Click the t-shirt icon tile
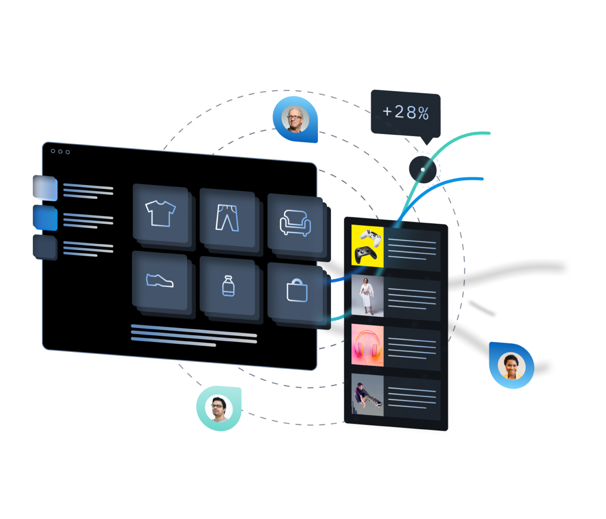pyautogui.click(x=160, y=214)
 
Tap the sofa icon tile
pyautogui.click(x=295, y=223)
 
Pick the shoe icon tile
pyautogui.click(x=160, y=281)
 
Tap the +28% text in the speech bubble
pyautogui.click(x=406, y=112)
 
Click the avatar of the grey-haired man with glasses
pyautogui.click(x=295, y=119)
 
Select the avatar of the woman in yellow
pyautogui.click(x=512, y=366)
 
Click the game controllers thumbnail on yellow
pyautogui.click(x=367, y=246)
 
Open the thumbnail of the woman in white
pyautogui.click(x=367, y=296)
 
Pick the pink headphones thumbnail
pyautogui.click(x=367, y=345)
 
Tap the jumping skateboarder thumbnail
pyautogui.click(x=367, y=395)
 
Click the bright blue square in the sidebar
pyautogui.click(x=46, y=218)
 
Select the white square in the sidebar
pyautogui.click(x=46, y=189)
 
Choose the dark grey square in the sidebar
pyautogui.click(x=46, y=247)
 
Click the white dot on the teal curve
pyautogui.click(x=423, y=170)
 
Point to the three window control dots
pyautogui.click(x=60, y=152)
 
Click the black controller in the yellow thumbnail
pyautogui.click(x=365, y=254)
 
